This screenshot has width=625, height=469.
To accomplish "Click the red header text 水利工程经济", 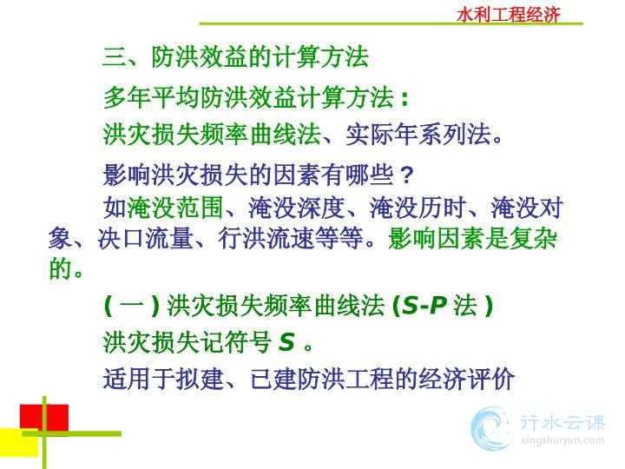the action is click(509, 15).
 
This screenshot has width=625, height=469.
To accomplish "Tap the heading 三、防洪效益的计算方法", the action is click(235, 56).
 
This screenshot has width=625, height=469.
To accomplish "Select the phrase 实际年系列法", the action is click(418, 135).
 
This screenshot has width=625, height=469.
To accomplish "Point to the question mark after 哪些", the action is click(406, 175).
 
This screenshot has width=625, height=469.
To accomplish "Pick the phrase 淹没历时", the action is click(418, 208).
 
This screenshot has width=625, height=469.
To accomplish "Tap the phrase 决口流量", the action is click(146, 239).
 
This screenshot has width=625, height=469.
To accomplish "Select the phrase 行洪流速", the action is click(266, 239).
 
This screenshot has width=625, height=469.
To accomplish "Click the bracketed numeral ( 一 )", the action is click(132, 307).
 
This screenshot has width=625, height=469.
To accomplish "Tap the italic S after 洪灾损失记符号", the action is click(286, 342).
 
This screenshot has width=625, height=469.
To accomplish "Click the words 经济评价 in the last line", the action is click(465, 379).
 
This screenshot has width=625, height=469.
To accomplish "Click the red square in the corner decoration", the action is click(44, 418).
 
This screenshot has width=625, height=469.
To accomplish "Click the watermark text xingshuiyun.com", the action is click(562, 440).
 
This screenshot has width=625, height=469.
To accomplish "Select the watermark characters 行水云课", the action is click(562, 423).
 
